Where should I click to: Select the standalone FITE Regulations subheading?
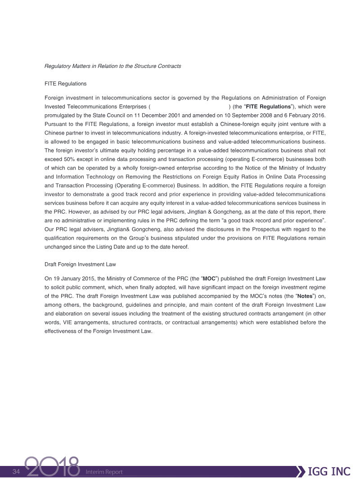(x=65, y=84)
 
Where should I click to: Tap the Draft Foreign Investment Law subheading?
(x=81, y=264)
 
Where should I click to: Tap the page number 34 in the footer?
(x=17, y=471)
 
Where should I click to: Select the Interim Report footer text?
(x=103, y=472)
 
